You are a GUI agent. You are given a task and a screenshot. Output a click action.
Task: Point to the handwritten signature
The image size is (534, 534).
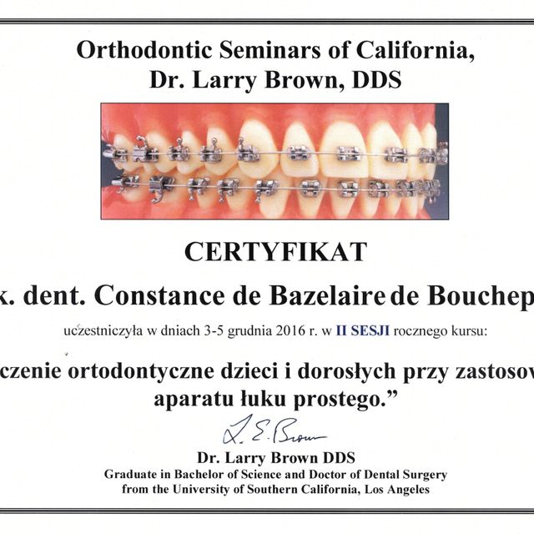[275, 431]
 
